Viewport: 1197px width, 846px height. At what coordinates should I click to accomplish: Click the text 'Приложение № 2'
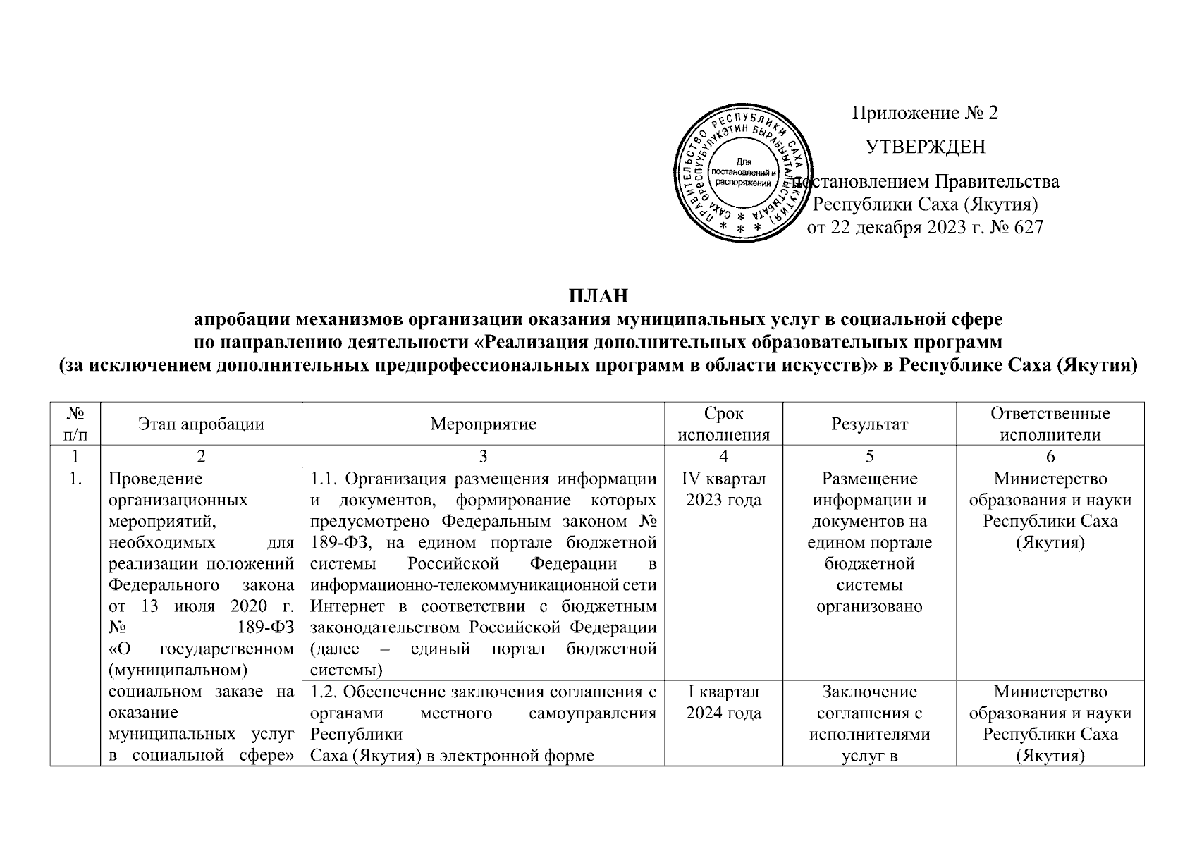[x=925, y=113]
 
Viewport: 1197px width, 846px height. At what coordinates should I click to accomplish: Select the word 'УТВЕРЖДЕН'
[x=925, y=147]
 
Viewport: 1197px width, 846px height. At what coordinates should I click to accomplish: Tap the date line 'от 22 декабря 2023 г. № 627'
[x=925, y=227]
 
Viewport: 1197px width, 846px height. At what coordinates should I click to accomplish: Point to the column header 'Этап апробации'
[x=201, y=424]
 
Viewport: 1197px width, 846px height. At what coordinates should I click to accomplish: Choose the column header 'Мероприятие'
[x=483, y=424]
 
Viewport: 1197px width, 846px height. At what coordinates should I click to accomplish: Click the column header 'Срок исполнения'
[x=723, y=424]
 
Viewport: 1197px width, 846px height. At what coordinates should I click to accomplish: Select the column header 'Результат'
[x=869, y=424]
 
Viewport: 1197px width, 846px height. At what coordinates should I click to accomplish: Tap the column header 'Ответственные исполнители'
[x=1050, y=424]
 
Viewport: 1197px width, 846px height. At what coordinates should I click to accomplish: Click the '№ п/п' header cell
[x=75, y=424]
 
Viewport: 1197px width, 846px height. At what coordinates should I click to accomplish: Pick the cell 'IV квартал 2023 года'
[x=723, y=489]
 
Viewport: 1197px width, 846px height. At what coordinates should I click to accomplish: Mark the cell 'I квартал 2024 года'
[x=723, y=702]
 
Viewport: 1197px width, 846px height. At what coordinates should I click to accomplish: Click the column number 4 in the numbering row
[x=723, y=456]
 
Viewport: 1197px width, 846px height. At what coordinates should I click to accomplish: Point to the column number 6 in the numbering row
[x=1050, y=456]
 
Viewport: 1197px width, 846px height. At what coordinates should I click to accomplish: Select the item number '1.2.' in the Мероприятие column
[x=324, y=692]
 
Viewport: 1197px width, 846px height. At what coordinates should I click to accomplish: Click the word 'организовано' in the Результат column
[x=869, y=606]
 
